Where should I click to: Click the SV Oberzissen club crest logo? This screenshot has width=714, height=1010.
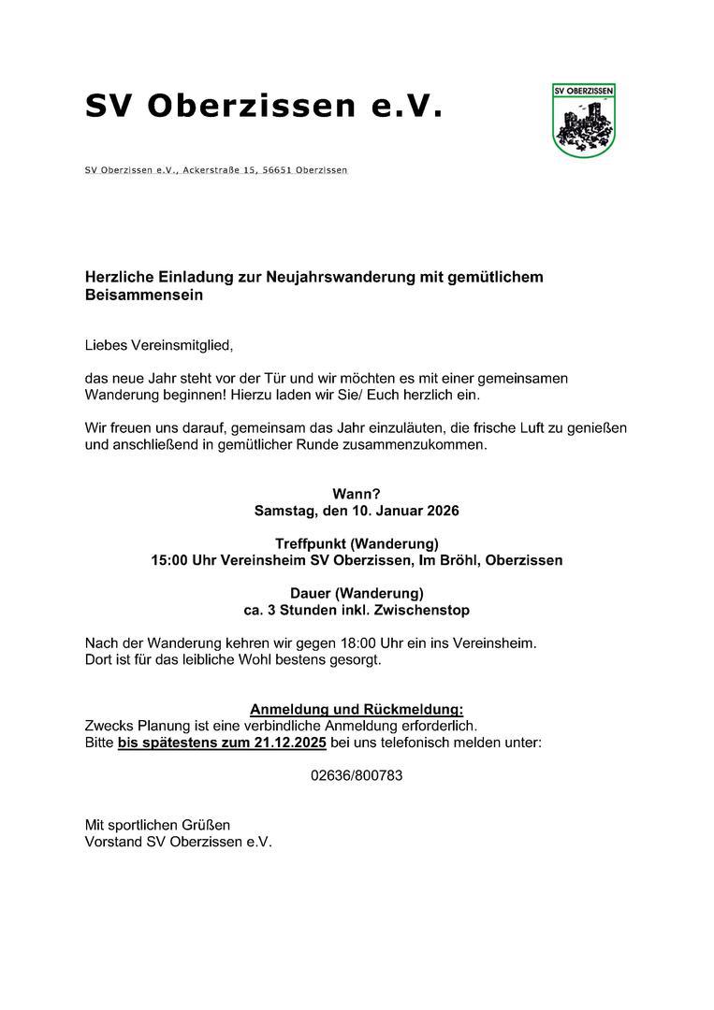(584, 120)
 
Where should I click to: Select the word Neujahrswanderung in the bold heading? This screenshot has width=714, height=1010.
(346, 277)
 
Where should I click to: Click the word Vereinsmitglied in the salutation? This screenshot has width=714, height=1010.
(182, 345)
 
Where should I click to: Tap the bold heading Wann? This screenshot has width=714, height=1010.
(357, 494)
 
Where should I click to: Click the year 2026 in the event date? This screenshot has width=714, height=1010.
(440, 512)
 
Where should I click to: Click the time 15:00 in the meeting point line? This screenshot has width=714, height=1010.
(169, 561)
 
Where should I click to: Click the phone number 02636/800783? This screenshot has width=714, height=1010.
(357, 775)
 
